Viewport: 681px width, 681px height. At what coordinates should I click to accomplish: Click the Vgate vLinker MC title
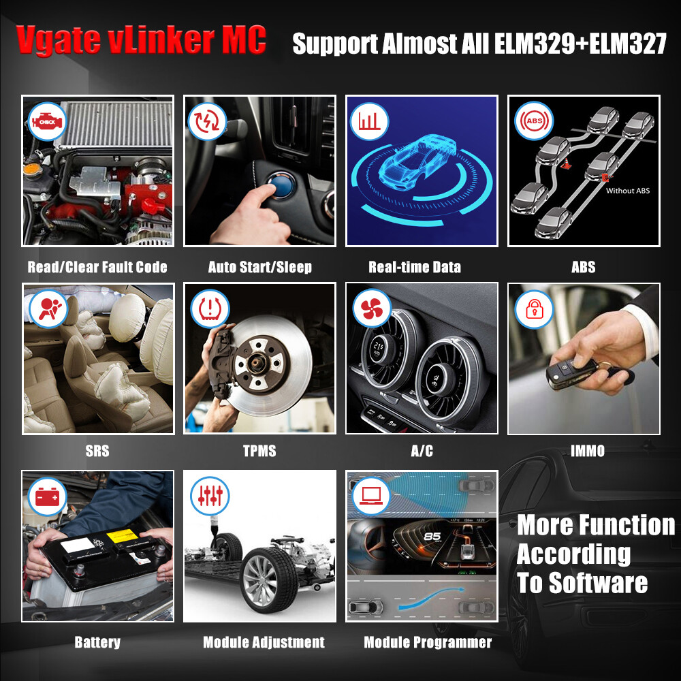coord(142,41)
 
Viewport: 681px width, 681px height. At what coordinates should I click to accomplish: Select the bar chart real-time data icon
coord(370,121)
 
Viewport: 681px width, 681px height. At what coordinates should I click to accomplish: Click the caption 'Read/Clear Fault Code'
coord(97,267)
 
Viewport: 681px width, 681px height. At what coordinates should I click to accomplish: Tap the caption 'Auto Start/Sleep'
coord(260,267)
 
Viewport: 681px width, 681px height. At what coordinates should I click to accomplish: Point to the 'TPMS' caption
coord(259,451)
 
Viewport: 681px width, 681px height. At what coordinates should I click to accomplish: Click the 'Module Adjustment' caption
coord(264,642)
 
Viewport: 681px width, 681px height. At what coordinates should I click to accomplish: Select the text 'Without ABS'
coord(627,191)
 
